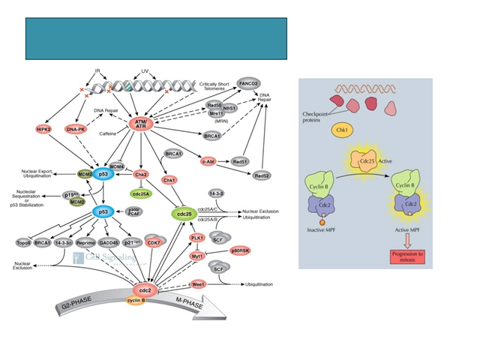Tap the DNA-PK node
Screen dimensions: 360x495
pos(76,130)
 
